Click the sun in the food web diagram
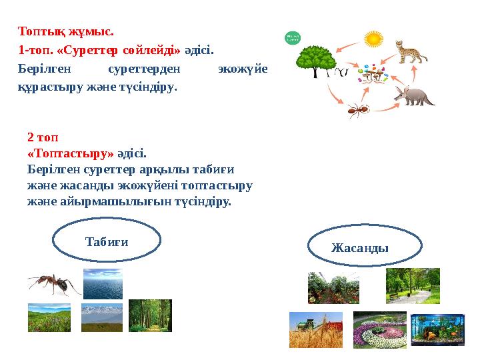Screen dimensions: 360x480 point(373,39)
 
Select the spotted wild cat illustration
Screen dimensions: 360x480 point(410,51)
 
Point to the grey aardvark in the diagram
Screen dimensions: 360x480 point(414,95)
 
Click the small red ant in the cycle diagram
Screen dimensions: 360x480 point(359,110)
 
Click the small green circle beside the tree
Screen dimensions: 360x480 point(292,38)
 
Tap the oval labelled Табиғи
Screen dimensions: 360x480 point(107,241)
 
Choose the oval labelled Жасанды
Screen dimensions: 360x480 point(365,247)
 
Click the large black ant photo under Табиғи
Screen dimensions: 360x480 point(53,284)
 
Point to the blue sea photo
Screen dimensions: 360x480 point(103,283)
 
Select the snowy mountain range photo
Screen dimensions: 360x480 point(102,317)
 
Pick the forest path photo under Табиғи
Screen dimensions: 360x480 point(150,315)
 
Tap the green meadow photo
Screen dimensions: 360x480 point(49,317)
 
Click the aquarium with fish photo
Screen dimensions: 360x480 point(437,329)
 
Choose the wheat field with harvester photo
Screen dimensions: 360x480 point(315,329)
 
